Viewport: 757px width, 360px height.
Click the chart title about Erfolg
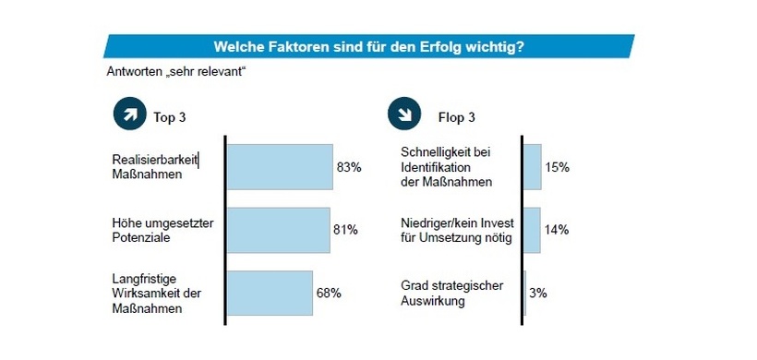(x=370, y=45)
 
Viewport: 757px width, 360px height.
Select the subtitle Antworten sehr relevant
(x=176, y=71)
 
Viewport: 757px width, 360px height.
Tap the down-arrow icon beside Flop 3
(x=403, y=116)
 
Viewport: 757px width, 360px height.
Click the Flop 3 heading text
(x=456, y=117)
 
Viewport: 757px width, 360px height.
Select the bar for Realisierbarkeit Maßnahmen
(x=280, y=167)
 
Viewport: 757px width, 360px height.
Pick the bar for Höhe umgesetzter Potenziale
(x=278, y=230)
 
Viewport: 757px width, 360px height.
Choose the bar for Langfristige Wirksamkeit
(x=270, y=293)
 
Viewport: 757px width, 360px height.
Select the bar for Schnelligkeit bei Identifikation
(x=532, y=167)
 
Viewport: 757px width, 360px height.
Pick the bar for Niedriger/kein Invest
(x=531, y=230)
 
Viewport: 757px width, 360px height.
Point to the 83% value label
(x=349, y=168)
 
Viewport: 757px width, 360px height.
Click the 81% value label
(x=344, y=231)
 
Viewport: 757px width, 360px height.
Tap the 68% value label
(x=329, y=294)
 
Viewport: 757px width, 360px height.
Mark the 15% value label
(x=558, y=168)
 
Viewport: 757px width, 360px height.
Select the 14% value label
(x=557, y=231)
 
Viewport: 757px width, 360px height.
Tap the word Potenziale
(x=138, y=237)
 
